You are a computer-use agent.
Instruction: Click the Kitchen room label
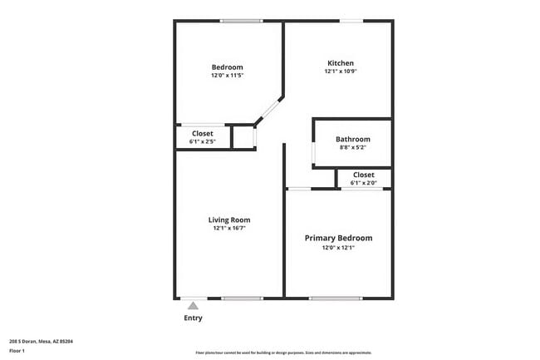pyautogui.click(x=341, y=63)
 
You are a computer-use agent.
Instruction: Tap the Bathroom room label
pyautogui.click(x=353, y=139)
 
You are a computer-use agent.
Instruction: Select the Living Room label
pyautogui.click(x=229, y=219)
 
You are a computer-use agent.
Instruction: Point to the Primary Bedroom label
pyautogui.click(x=338, y=238)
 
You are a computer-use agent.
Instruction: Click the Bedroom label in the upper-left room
pyautogui.click(x=227, y=67)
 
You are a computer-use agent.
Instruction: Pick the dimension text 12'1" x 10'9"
pyautogui.click(x=341, y=72)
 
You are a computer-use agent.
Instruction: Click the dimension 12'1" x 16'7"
pyautogui.click(x=229, y=228)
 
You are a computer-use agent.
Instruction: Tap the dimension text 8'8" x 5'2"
pyautogui.click(x=353, y=147)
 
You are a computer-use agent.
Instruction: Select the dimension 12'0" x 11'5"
pyautogui.click(x=227, y=76)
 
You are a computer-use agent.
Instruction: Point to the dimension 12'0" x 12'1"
pyautogui.click(x=338, y=247)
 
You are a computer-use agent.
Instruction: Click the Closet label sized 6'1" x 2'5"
pyautogui.click(x=203, y=133)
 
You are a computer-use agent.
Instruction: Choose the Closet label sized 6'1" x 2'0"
pyautogui.click(x=363, y=175)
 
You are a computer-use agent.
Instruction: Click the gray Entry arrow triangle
pyautogui.click(x=193, y=307)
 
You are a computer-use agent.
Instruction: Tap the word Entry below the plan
pyautogui.click(x=193, y=318)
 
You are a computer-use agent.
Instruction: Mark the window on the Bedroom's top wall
pyautogui.click(x=242, y=21)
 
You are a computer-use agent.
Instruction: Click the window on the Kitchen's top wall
pyautogui.click(x=351, y=21)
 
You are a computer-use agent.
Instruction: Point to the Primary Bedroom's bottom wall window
pyautogui.click(x=336, y=298)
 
